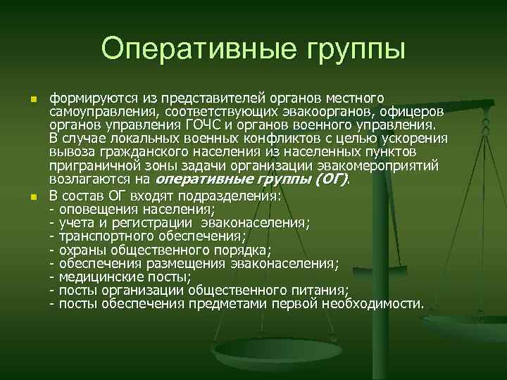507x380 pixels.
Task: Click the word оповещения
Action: point(98,209)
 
